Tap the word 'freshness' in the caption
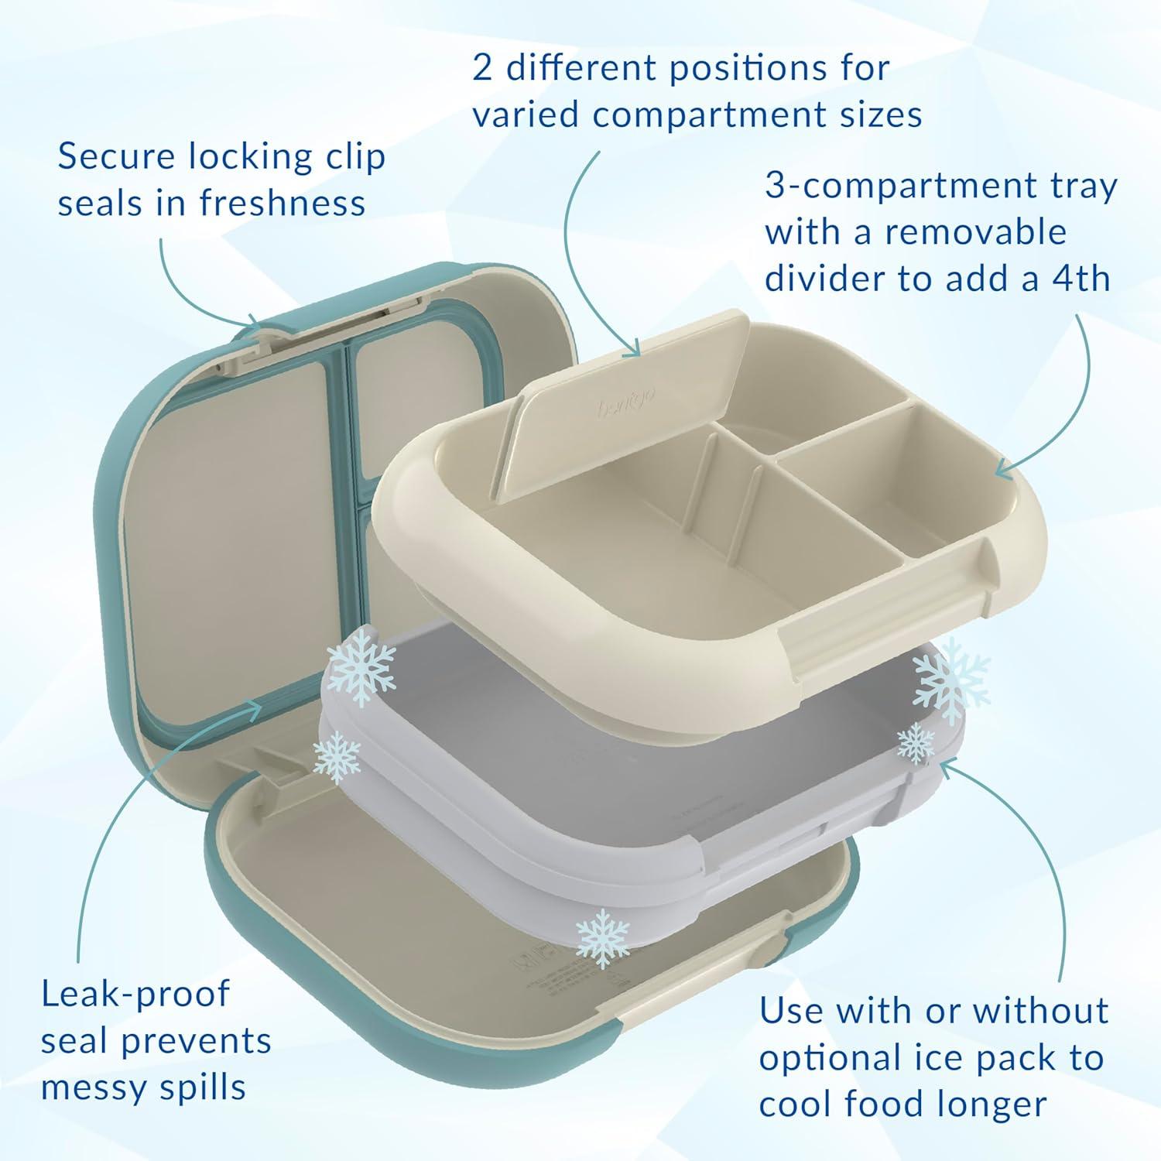click(283, 204)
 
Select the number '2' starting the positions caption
click(482, 69)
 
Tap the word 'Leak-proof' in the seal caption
click(135, 995)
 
